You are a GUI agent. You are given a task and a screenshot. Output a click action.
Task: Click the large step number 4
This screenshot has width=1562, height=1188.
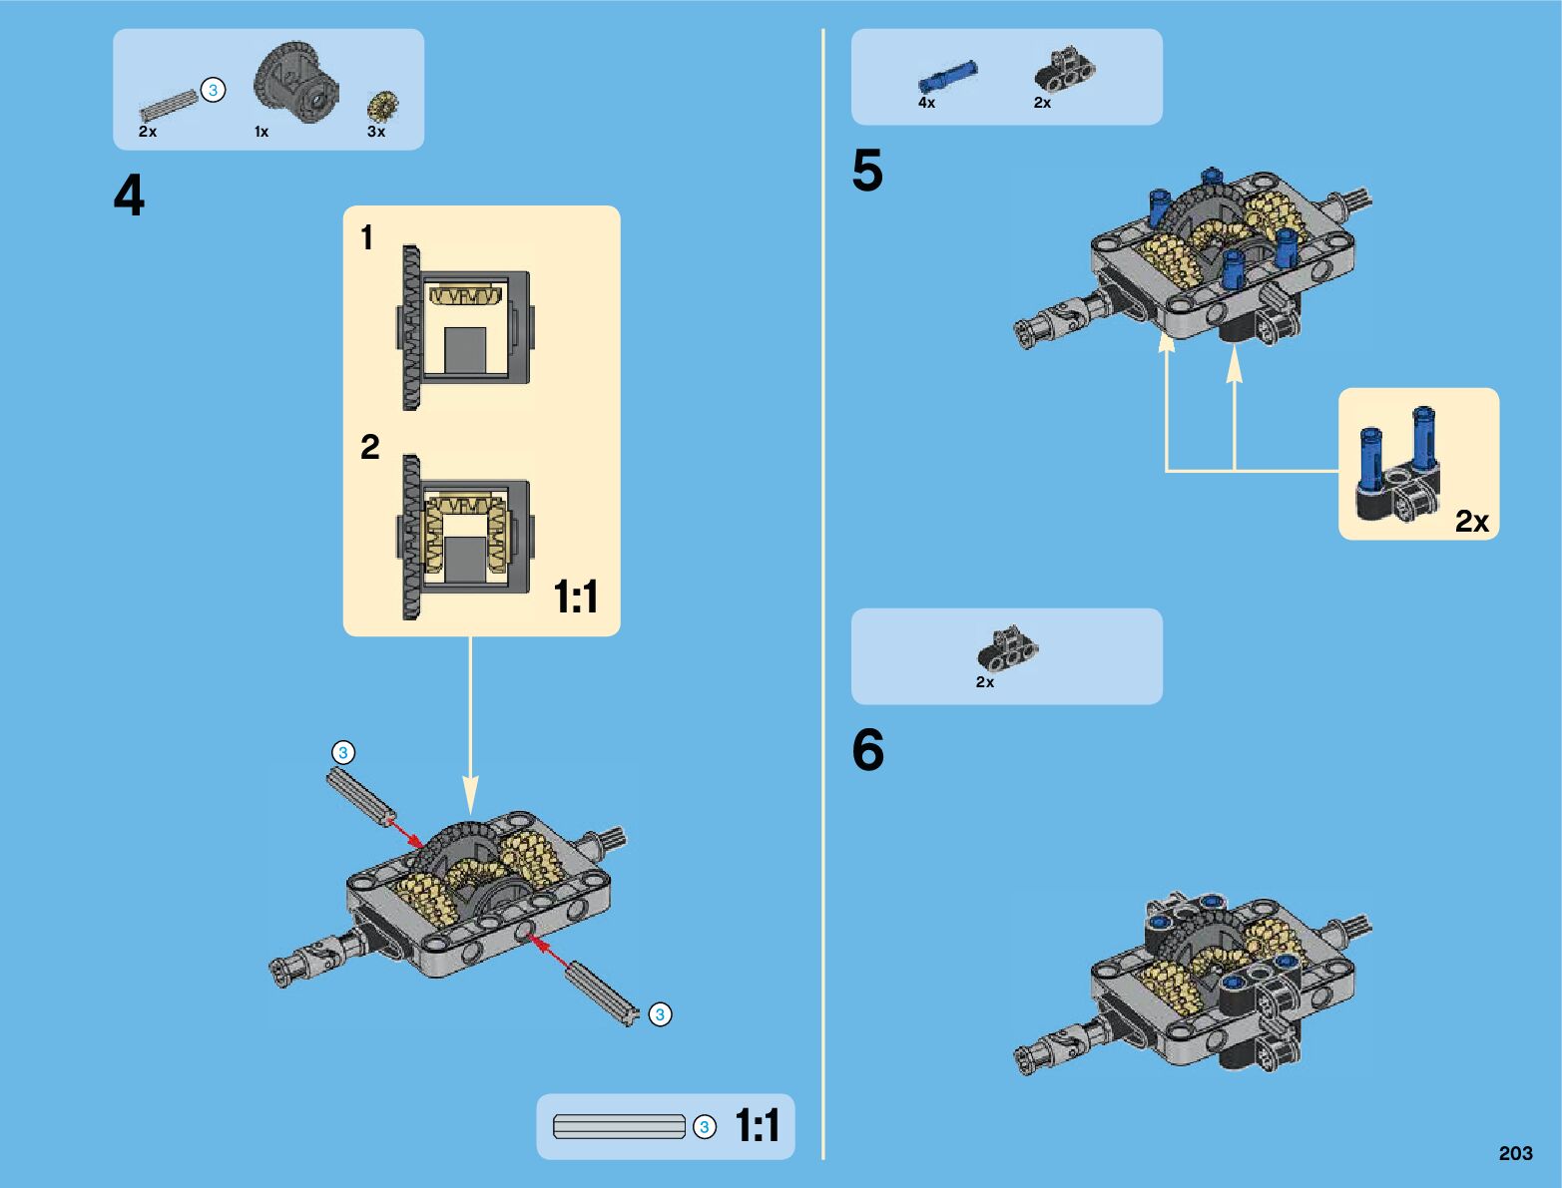129,196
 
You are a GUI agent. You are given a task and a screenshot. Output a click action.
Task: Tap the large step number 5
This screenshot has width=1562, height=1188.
867,171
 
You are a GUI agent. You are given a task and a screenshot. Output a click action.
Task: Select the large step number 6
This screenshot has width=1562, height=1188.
867,750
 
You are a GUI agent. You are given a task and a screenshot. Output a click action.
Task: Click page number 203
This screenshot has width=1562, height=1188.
1515,1153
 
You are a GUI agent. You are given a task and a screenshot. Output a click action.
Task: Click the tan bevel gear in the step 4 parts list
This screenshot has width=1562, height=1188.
382,106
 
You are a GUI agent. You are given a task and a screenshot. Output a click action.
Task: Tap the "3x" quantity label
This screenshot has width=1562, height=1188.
376,132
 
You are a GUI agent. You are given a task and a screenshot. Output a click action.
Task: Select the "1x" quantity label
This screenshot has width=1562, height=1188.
261,132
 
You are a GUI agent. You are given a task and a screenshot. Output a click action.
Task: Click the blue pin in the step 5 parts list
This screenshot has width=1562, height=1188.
947,77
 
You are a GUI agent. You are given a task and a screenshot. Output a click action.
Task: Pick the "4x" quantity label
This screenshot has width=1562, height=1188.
927,103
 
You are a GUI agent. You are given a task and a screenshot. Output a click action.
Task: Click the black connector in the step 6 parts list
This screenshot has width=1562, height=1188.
1008,649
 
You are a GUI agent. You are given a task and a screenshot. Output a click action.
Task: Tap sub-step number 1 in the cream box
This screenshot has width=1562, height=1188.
367,237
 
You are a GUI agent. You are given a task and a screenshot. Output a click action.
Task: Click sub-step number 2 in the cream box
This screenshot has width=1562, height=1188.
369,447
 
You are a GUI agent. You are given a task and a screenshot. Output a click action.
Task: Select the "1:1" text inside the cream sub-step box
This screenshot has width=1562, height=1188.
576,597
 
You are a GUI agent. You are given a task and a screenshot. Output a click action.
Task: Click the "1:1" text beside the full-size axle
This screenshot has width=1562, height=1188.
758,1126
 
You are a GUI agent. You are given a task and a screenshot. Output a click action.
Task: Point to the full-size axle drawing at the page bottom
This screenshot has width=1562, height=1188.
619,1127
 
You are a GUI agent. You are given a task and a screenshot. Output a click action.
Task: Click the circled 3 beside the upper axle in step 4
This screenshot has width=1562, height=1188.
342,752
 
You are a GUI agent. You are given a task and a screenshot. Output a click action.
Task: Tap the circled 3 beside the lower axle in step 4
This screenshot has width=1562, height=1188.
660,1014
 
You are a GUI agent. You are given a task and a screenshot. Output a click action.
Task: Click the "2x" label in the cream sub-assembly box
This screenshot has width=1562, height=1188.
1471,522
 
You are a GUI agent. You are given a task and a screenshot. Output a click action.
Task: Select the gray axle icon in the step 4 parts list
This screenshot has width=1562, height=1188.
169,104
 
